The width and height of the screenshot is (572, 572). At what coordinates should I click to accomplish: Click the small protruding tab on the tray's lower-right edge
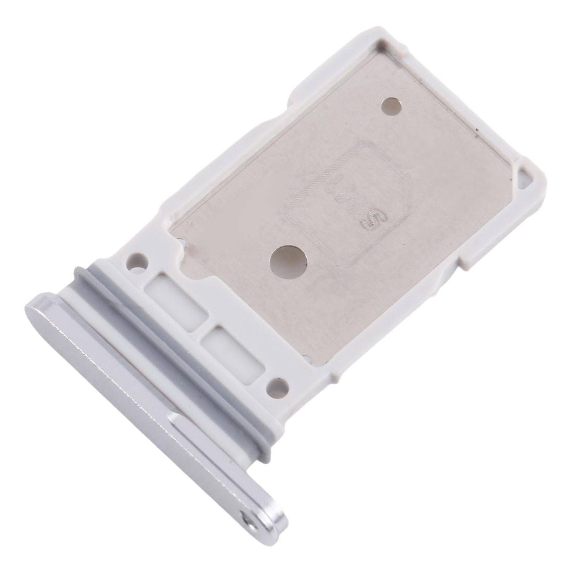471,263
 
